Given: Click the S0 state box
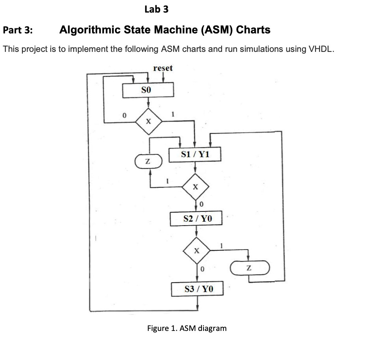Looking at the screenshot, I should point(148,90).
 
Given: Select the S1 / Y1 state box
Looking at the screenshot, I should point(196,154).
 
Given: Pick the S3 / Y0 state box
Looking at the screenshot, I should point(198,289).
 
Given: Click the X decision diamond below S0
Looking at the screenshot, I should point(148,122).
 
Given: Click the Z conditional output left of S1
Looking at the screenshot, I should point(147,161).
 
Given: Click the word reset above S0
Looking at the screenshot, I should point(163,68).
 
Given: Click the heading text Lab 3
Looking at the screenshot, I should point(156,9).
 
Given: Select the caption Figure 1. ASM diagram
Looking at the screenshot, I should point(187,328).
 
